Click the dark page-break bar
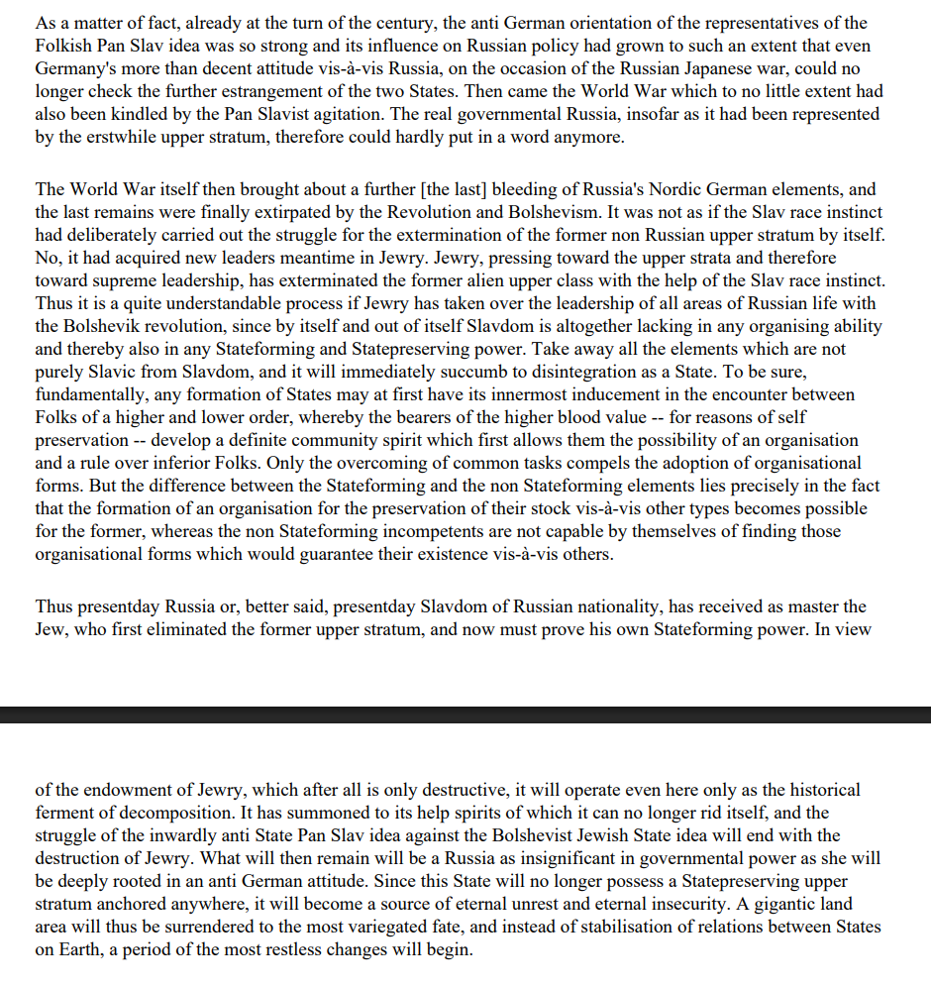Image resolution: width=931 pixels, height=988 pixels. click(465, 714)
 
